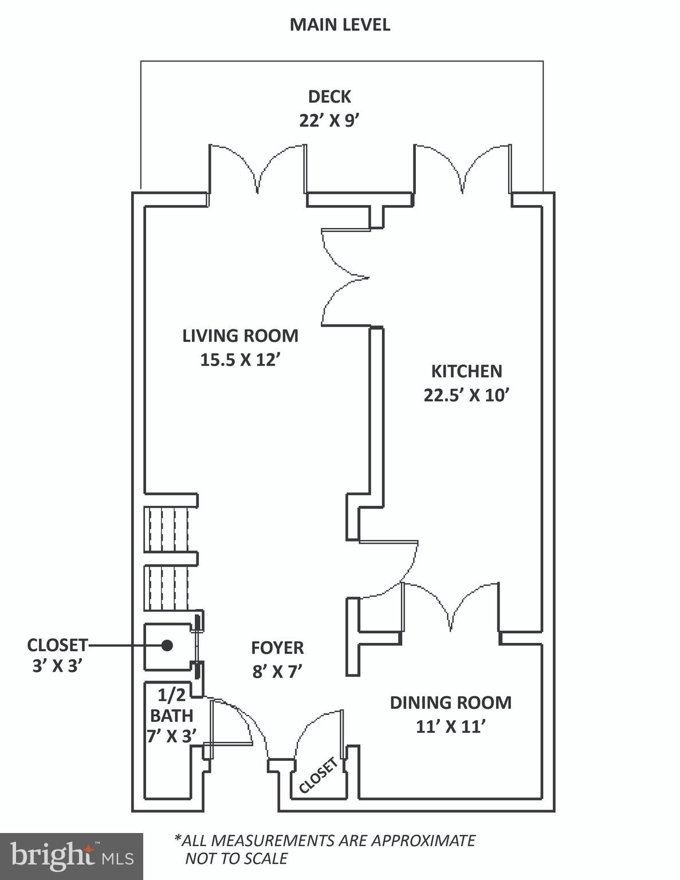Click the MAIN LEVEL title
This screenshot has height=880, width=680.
click(x=340, y=25)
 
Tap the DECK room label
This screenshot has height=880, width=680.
click(x=329, y=97)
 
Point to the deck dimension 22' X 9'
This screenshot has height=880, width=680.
click(x=329, y=121)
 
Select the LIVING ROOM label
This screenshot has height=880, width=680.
click(x=241, y=336)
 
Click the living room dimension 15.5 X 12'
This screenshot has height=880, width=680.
click(x=241, y=360)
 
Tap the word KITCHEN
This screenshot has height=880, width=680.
click(x=466, y=371)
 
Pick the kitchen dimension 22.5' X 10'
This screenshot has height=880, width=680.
click(x=466, y=395)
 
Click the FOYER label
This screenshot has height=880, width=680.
click(x=277, y=648)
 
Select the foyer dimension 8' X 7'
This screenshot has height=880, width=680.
click(x=277, y=672)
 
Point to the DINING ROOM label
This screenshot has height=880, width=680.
click(x=450, y=702)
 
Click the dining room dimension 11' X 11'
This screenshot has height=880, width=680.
click(x=450, y=726)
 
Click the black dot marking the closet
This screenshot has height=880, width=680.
click(x=167, y=646)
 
